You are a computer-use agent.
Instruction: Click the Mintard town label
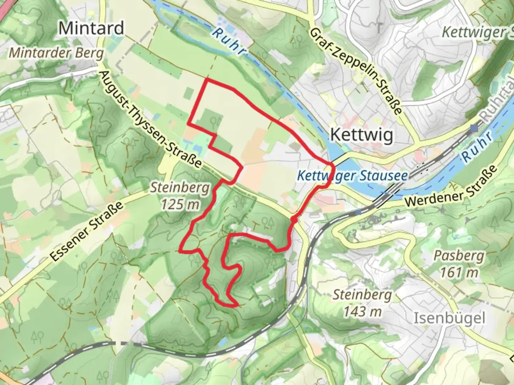tap(91, 28)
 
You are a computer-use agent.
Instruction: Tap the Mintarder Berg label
tap(56, 53)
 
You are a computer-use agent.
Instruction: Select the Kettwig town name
tap(362, 135)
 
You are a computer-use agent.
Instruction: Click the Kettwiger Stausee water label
tap(352, 176)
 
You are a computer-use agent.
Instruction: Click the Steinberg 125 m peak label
tap(180, 196)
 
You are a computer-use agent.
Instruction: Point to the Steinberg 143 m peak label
tap(362, 303)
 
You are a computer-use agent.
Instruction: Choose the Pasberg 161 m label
tap(459, 264)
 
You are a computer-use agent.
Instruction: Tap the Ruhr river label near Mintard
tap(228, 42)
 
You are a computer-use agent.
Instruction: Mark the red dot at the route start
tap(294, 220)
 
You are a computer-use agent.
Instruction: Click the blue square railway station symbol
tap(474, 128)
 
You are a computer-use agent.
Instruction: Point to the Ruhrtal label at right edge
tap(497, 107)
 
